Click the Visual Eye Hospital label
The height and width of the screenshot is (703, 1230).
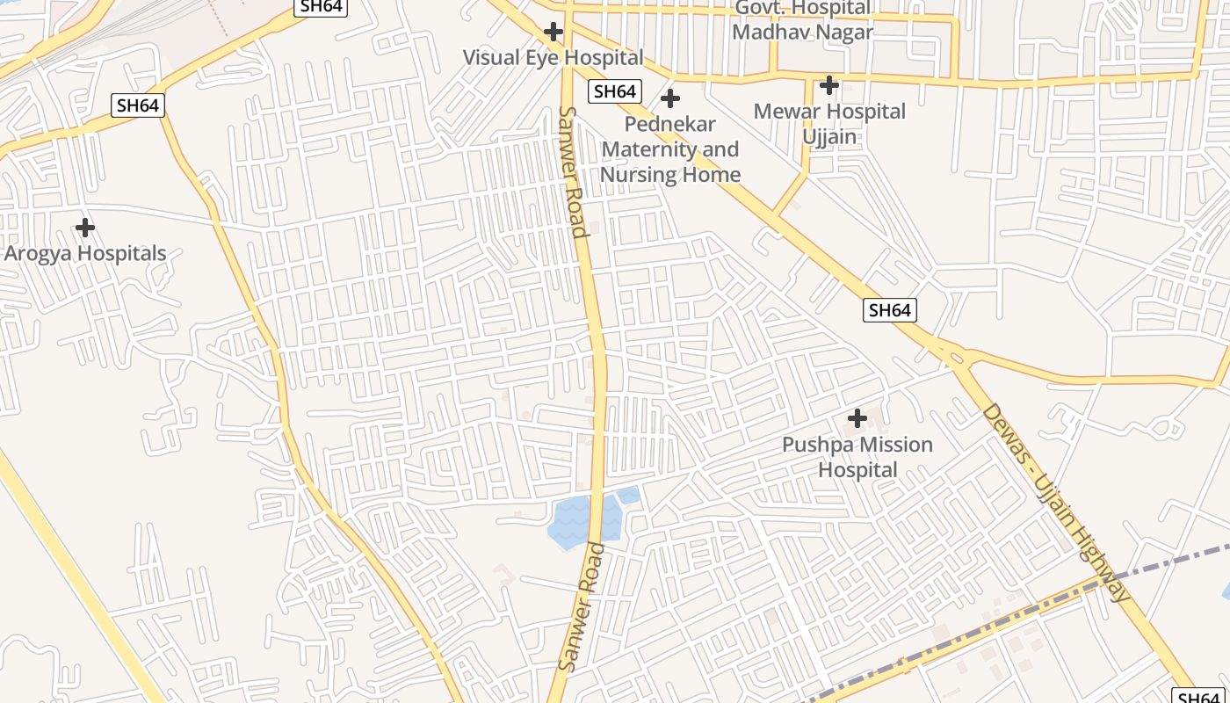click(553, 58)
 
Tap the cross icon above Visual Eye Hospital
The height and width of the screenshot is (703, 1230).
click(553, 33)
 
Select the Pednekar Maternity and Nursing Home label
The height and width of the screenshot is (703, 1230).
click(670, 149)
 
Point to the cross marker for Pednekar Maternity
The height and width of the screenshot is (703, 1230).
click(670, 98)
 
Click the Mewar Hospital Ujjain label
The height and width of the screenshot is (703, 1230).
click(829, 124)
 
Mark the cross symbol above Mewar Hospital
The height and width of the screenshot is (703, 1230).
click(828, 85)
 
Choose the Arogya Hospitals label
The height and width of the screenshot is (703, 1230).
click(85, 253)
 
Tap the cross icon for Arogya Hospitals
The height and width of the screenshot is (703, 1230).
click(85, 228)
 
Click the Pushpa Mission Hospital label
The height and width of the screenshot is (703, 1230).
click(857, 457)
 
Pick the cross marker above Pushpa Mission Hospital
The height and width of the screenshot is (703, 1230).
click(857, 418)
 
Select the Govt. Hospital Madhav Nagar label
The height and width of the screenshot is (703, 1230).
click(802, 20)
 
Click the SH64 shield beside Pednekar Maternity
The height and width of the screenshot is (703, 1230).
click(615, 91)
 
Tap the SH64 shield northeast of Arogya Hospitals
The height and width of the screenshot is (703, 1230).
click(139, 105)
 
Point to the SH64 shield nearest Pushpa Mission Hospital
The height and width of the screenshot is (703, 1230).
click(890, 309)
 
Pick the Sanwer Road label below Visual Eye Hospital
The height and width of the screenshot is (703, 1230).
click(572, 172)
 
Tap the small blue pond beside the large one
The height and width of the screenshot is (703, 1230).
click(629, 496)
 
